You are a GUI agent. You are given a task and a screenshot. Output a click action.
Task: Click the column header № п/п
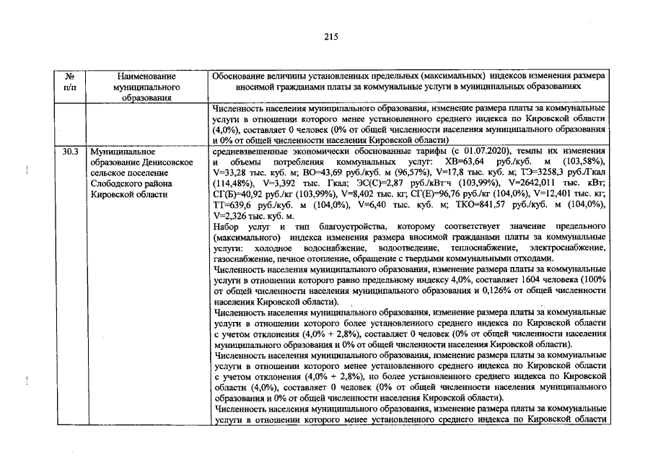(71, 81)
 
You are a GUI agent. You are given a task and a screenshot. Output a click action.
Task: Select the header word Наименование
(146, 76)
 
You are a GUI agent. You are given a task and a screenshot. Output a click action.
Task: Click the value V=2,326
(232, 216)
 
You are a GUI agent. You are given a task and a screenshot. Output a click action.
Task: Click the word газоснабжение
(245, 258)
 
